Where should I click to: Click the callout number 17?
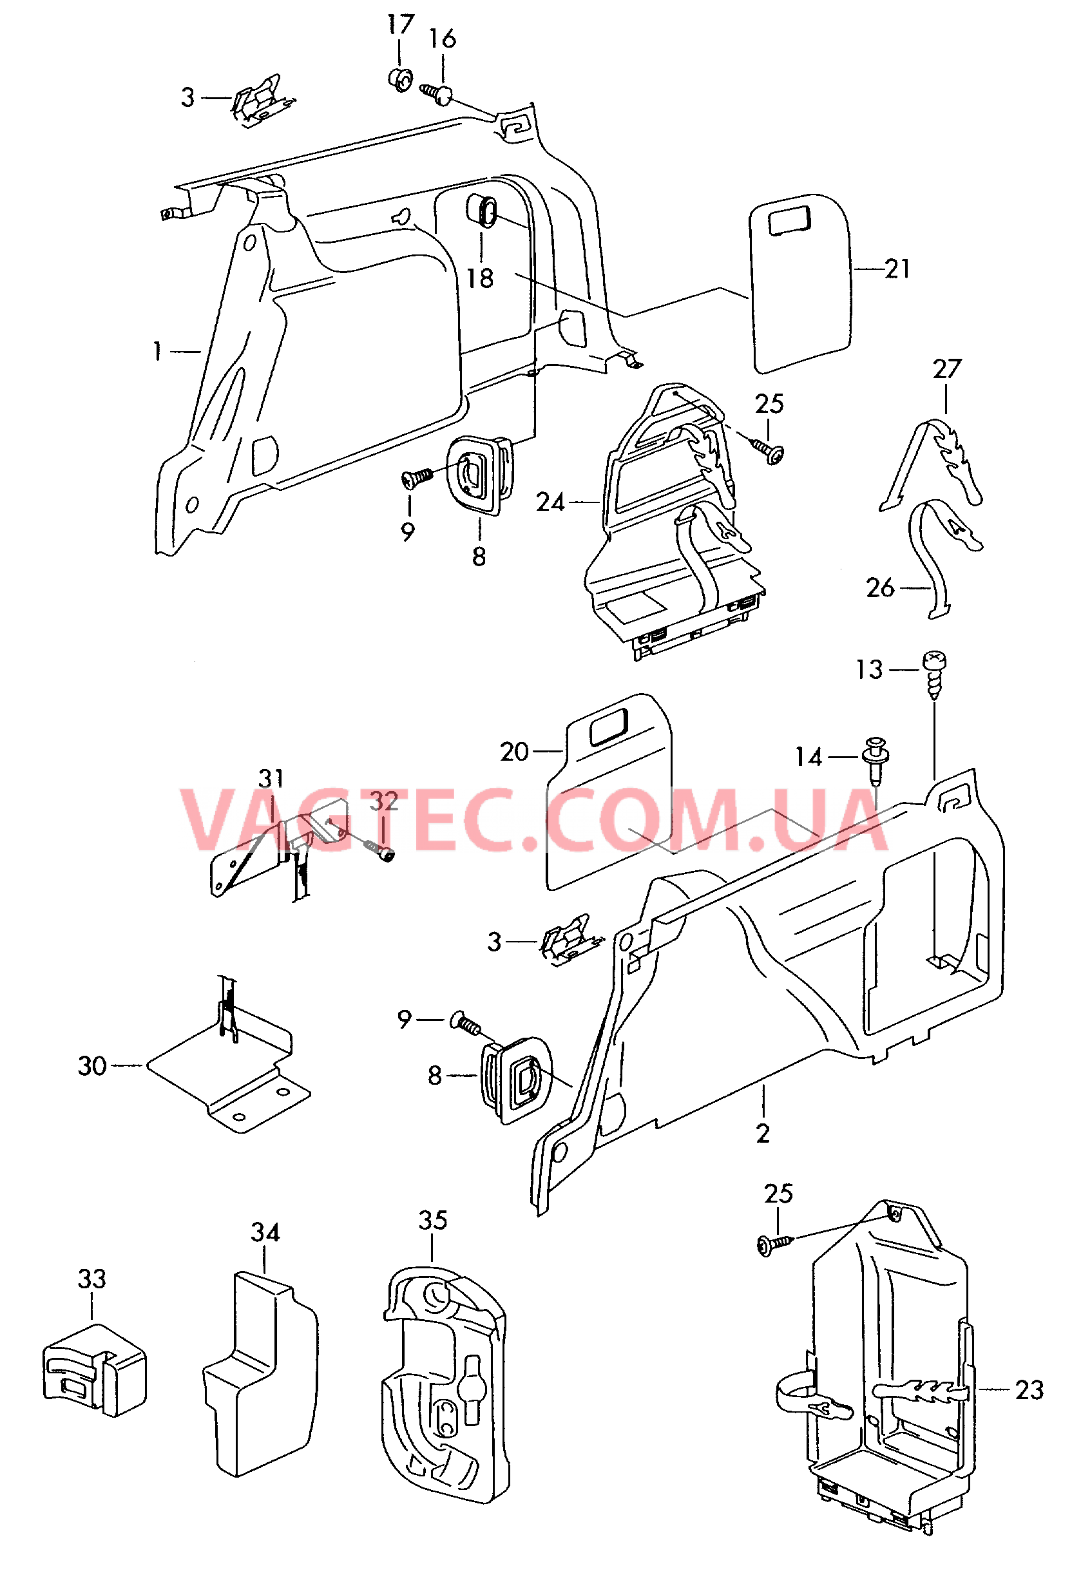point(400,25)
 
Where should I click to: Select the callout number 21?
point(897,269)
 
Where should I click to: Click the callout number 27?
point(947,369)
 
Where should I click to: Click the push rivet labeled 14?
point(876,759)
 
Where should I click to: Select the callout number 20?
point(514,752)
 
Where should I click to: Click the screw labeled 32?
point(376,850)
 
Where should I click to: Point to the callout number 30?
point(93,1066)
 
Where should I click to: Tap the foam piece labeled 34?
point(260,1373)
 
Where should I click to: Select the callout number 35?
point(432,1221)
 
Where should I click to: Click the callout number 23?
point(1029,1390)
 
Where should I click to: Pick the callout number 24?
point(550,502)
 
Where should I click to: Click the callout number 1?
point(158,351)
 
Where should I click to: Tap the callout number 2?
point(763,1134)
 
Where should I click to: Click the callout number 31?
point(271,778)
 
